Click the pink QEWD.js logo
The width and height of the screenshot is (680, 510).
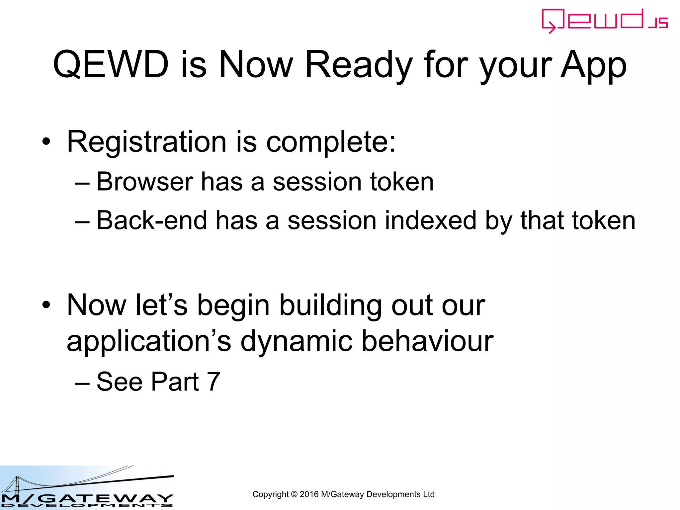pyautogui.click(x=604, y=21)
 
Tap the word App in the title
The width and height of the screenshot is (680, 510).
pyautogui.click(x=593, y=65)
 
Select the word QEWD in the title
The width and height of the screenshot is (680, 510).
pyautogui.click(x=111, y=65)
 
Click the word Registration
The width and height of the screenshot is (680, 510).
pyautogui.click(x=146, y=142)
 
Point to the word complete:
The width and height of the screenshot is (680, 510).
pyautogui.click(x=331, y=142)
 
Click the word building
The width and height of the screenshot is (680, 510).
pyautogui.click(x=330, y=305)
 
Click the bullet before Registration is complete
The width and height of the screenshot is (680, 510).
pyautogui.click(x=46, y=142)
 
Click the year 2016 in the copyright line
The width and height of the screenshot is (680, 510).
pyautogui.click(x=309, y=494)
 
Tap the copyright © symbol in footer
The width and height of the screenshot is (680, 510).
pyautogui.click(x=294, y=494)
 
